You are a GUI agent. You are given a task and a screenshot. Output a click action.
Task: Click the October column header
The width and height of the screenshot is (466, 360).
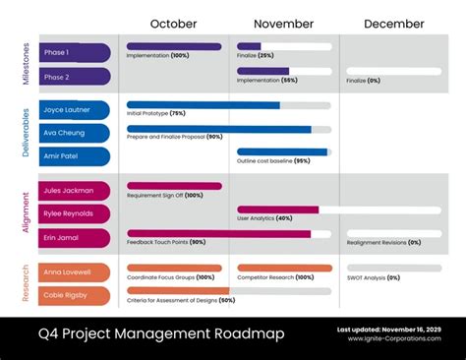(x=173, y=24)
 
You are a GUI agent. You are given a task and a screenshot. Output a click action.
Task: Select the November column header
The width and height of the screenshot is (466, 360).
(x=283, y=24)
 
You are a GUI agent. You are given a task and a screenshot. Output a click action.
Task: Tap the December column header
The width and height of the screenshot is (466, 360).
(x=393, y=24)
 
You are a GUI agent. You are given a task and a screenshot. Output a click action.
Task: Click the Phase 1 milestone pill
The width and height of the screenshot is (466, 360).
(x=74, y=53)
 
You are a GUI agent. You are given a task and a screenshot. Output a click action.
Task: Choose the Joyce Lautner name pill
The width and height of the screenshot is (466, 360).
(x=74, y=110)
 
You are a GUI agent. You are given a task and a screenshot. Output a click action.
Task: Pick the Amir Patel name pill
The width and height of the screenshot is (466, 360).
(x=74, y=154)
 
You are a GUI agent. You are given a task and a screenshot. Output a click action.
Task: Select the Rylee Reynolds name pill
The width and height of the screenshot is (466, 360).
(x=74, y=213)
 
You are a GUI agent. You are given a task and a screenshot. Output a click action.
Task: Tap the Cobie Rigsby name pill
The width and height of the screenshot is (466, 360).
(x=74, y=294)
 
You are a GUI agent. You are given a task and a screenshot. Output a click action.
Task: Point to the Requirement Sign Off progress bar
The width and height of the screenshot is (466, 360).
(x=174, y=186)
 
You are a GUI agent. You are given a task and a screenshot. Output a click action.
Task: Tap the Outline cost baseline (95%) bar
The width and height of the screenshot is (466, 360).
(x=283, y=152)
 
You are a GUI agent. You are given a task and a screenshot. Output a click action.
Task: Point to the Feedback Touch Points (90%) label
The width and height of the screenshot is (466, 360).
(x=166, y=242)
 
